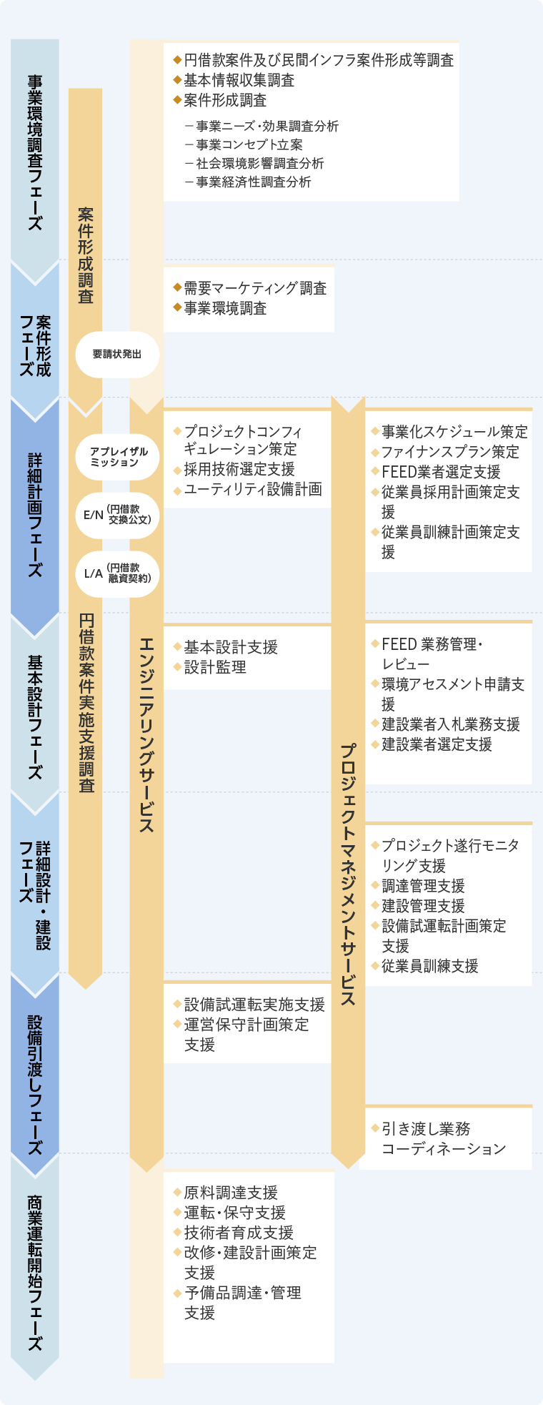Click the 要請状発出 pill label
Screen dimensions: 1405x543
pyautogui.click(x=117, y=354)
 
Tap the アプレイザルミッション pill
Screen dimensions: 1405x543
pyautogui.click(x=118, y=457)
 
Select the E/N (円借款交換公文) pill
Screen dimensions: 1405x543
pyautogui.click(x=118, y=514)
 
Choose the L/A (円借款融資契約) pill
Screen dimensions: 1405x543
pyautogui.click(x=118, y=573)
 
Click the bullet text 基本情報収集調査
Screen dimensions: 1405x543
pyautogui.click(x=239, y=80)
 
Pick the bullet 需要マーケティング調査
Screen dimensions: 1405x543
pyautogui.click(x=255, y=288)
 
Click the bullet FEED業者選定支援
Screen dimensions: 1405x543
pyautogui.click(x=441, y=472)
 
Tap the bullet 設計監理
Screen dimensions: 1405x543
pyautogui.click(x=215, y=667)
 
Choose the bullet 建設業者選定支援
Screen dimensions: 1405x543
pyautogui.click(x=437, y=744)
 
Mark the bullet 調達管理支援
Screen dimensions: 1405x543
pyautogui.click(x=423, y=886)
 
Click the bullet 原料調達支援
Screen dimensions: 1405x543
pyautogui.click(x=231, y=1193)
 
